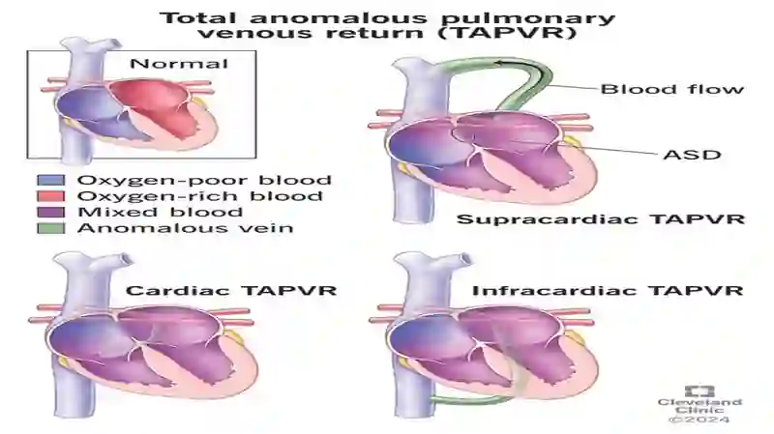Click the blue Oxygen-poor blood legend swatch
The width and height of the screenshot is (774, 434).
51,180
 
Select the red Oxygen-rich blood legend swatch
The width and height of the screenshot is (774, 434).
51,196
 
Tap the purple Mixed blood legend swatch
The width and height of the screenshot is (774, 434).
51,212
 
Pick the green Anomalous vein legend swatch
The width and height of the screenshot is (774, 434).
51,228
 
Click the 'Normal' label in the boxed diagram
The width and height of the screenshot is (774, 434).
179,64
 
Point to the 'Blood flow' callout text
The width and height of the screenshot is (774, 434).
671,89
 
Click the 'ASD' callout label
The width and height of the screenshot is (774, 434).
692,155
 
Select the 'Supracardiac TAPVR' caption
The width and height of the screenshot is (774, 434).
600,219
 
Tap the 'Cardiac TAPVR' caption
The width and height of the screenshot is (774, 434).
231,290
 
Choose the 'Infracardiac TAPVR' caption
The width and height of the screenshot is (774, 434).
608,290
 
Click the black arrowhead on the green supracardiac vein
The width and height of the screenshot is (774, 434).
500,63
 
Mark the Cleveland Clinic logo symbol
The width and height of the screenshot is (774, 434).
700,391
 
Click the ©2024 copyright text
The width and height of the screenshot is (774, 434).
700,420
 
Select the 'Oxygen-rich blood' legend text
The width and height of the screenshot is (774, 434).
200,196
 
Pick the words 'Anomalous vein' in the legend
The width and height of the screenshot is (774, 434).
185,228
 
